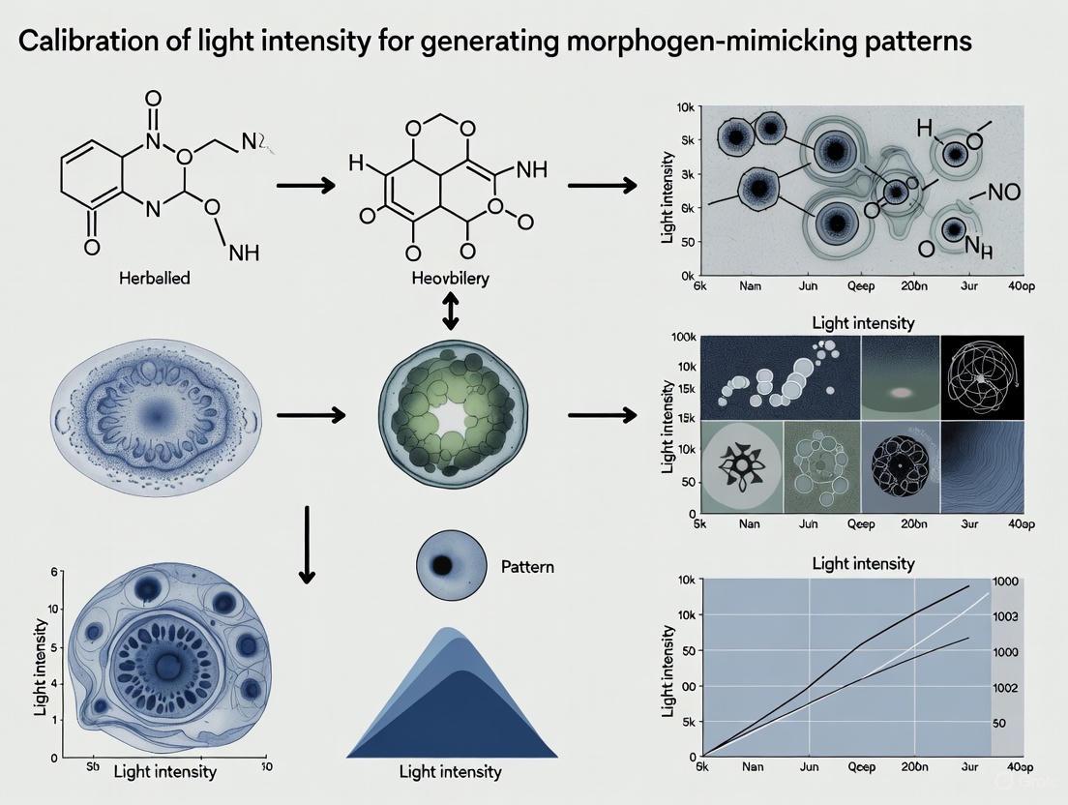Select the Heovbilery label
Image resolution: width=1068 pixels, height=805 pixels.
click(450, 278)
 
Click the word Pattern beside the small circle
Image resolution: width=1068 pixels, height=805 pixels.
click(527, 566)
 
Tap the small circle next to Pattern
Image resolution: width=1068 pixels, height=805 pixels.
click(448, 566)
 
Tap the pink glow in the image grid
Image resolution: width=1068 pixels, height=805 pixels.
click(901, 394)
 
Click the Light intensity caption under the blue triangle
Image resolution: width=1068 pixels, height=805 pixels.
click(451, 771)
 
